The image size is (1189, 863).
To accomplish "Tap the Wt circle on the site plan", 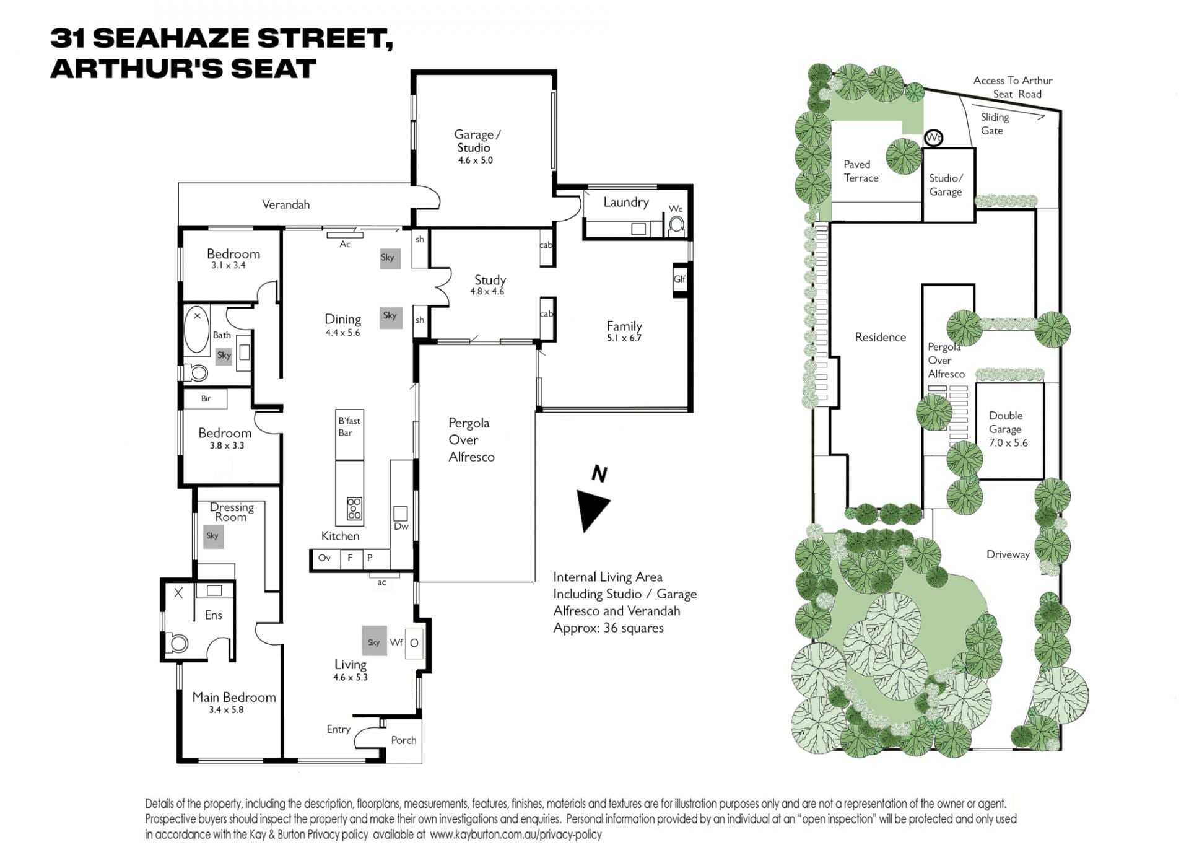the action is (933, 138).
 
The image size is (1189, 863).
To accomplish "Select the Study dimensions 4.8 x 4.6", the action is (487, 291).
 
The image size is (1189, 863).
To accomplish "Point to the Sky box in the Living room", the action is (374, 642).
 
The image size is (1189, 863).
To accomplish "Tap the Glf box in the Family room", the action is (679, 279).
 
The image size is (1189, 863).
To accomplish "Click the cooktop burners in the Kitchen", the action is (354, 508).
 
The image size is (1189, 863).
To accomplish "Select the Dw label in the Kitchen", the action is (401, 526).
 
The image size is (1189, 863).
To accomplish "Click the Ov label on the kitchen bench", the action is (324, 558).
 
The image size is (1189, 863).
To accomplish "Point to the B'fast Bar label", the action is (349, 426).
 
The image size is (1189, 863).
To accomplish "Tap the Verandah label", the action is (285, 204).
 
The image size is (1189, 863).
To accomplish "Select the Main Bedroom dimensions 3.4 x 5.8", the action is (226, 710).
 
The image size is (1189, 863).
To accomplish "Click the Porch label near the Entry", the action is (404, 740).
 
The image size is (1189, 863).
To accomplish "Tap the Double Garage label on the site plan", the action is (1006, 422).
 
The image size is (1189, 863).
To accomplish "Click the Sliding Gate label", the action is (995, 124).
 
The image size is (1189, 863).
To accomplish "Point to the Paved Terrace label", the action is (861, 171).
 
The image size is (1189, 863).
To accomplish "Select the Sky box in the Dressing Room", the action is (213, 536).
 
